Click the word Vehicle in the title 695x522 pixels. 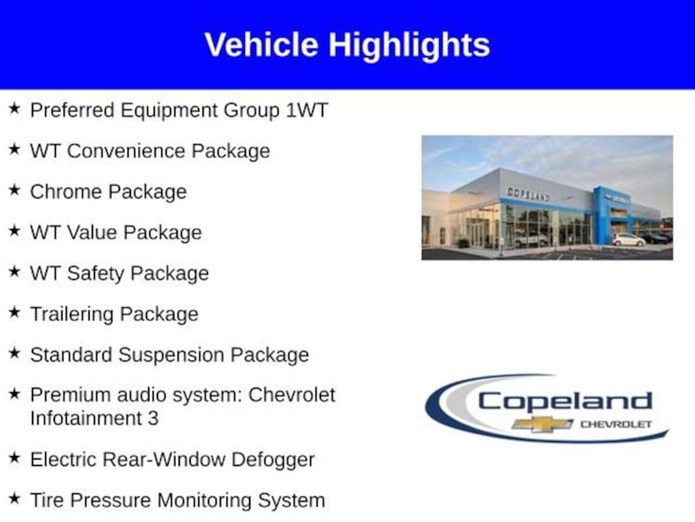point(261,44)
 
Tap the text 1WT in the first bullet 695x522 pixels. point(307,110)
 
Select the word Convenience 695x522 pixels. point(126,151)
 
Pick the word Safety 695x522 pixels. point(95,273)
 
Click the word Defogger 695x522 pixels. point(273,460)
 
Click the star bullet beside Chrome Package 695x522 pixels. point(15,190)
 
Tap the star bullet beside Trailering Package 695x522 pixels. point(15,312)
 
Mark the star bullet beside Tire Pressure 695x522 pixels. point(15,498)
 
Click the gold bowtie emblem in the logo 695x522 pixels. point(542,424)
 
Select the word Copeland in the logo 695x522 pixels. point(565,402)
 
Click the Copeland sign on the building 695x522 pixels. point(528,194)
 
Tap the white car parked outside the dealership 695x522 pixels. point(628,240)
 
